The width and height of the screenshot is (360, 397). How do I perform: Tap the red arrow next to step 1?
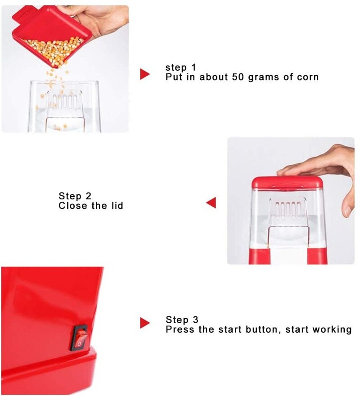click(x=145, y=74)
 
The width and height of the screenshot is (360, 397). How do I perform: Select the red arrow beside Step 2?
click(x=211, y=203)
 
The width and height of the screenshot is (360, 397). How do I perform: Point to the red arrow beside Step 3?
click(x=145, y=323)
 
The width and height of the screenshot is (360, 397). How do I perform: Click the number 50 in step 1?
click(x=238, y=77)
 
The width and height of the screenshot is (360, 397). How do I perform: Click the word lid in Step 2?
click(x=117, y=206)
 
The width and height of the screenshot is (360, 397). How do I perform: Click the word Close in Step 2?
click(x=72, y=206)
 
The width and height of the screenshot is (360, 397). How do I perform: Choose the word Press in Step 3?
click(x=180, y=329)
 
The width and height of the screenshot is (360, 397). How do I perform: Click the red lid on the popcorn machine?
click(x=288, y=183)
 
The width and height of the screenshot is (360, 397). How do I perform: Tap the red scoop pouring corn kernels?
click(x=51, y=36)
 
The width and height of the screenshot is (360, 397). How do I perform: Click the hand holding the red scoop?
click(x=101, y=19)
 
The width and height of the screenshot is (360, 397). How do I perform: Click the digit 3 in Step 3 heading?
click(x=195, y=320)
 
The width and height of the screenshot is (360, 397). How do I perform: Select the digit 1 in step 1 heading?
click(x=194, y=68)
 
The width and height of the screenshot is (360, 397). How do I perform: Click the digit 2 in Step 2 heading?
click(x=88, y=196)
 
